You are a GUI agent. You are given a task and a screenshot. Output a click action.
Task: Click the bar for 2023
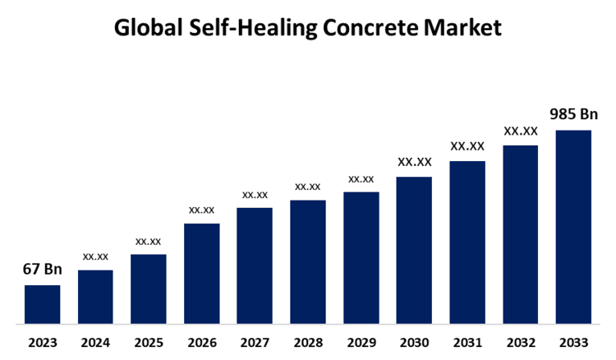(x=42, y=304)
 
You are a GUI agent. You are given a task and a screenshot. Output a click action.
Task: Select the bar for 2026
(x=201, y=274)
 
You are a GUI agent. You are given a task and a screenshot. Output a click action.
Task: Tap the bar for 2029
(x=361, y=258)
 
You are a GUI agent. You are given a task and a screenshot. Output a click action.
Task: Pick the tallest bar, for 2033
(x=573, y=227)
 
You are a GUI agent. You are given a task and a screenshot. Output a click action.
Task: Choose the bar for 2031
(x=467, y=242)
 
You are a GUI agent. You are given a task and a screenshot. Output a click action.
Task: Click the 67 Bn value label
(x=42, y=270)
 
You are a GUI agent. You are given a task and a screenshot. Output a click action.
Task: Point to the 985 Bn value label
(x=573, y=114)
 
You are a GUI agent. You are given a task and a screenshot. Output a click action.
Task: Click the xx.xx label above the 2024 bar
(x=95, y=256)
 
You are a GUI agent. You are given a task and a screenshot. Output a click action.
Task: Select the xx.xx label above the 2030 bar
(x=414, y=162)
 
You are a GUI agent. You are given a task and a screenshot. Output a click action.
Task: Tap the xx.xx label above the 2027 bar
(x=255, y=194)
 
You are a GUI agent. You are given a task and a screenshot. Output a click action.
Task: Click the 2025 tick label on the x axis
(x=148, y=342)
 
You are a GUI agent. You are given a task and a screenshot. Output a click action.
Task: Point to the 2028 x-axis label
(x=308, y=342)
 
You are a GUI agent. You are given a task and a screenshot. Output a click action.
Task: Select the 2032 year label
(x=521, y=342)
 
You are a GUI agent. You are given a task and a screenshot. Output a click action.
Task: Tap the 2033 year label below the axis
(x=573, y=342)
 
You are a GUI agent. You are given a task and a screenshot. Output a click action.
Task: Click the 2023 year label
(x=42, y=342)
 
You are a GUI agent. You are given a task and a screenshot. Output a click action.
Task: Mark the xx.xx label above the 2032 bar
(x=521, y=131)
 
